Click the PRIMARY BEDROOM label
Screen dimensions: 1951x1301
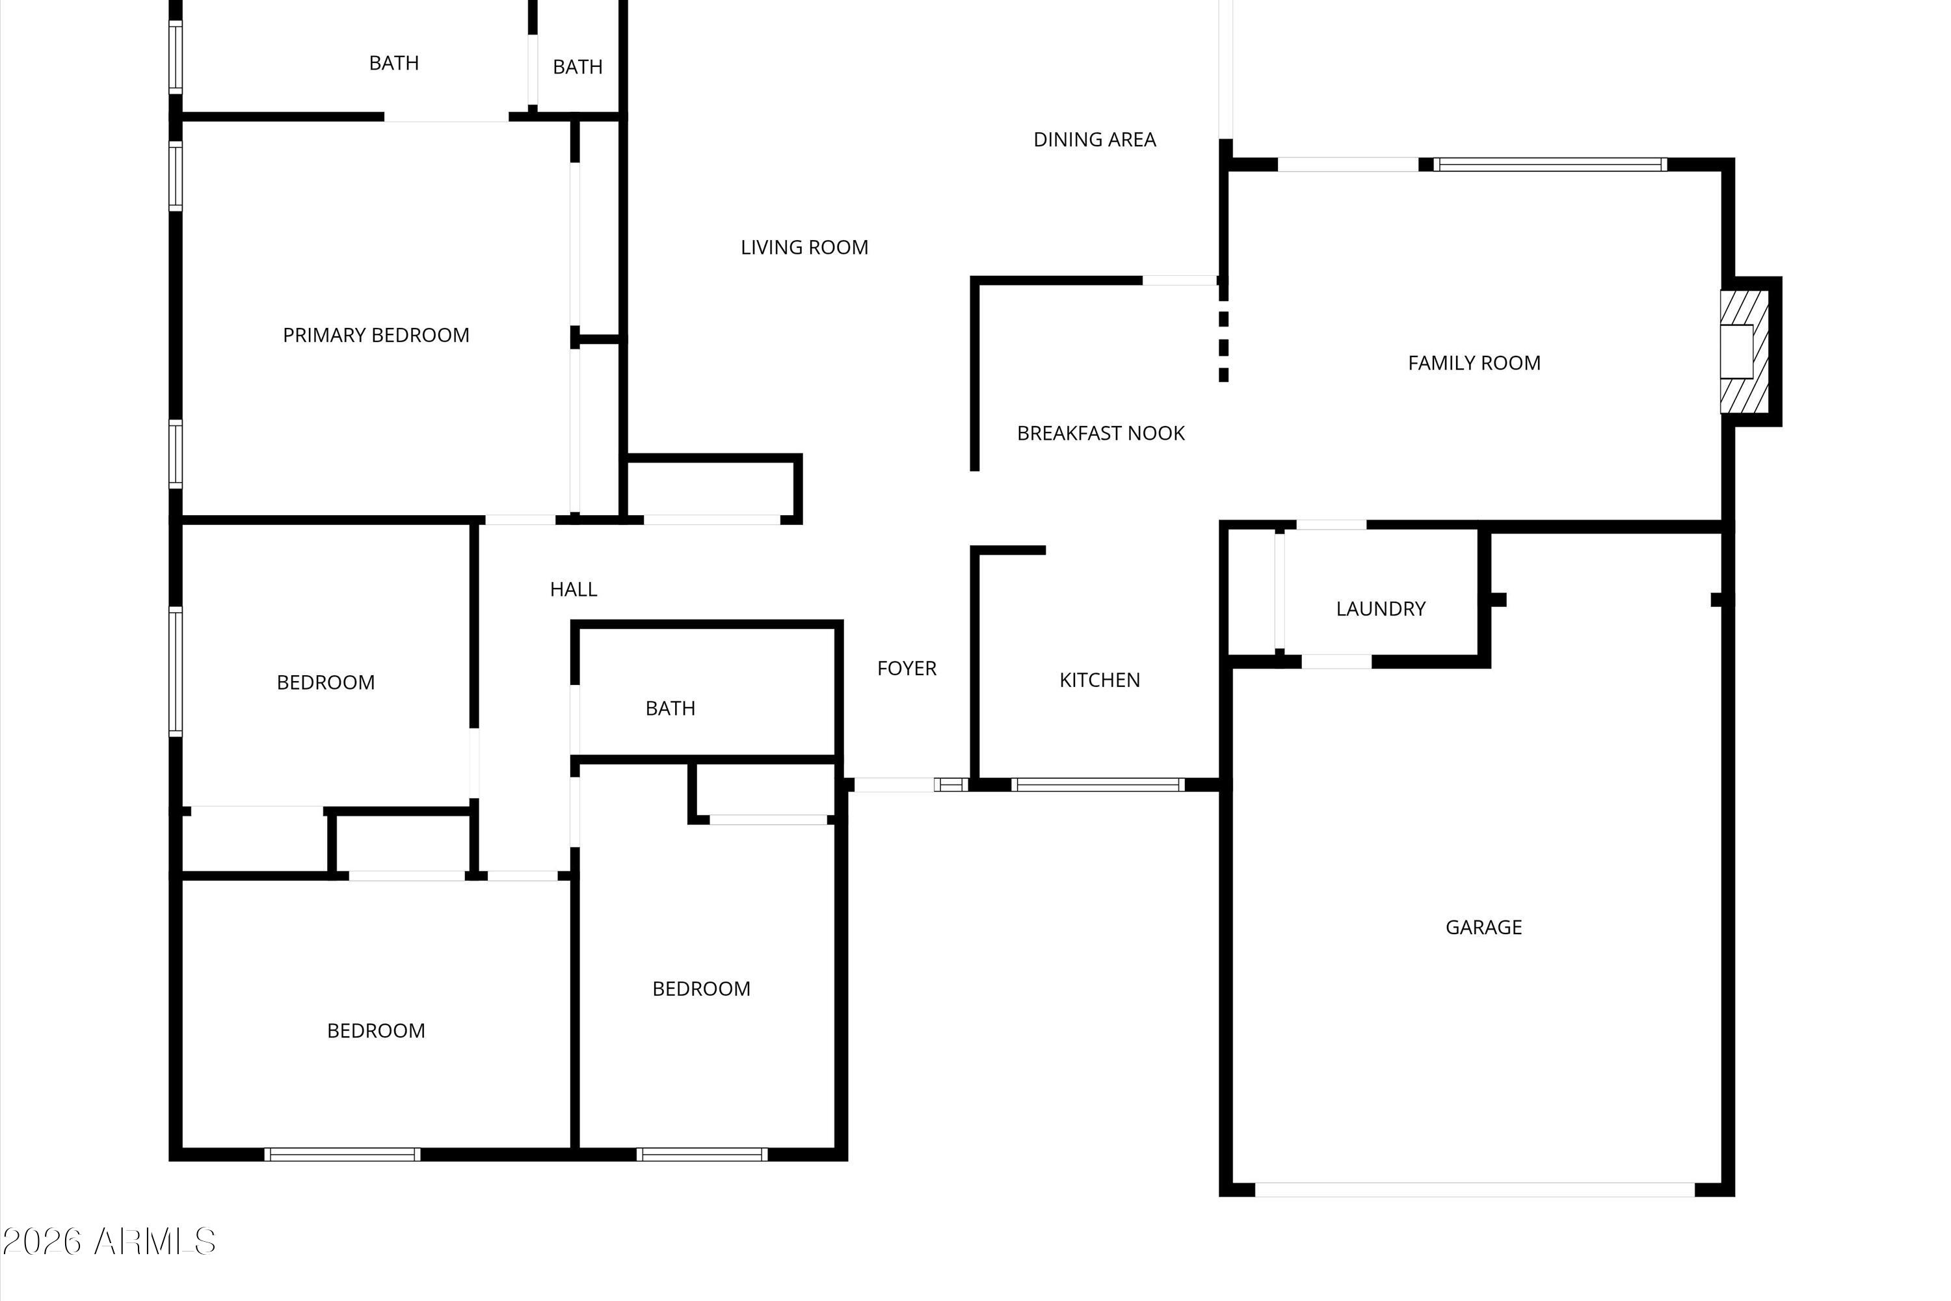tap(376, 335)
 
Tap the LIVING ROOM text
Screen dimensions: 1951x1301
tap(804, 247)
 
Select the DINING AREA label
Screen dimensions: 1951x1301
tap(1094, 139)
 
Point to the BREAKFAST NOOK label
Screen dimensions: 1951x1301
tap(1101, 433)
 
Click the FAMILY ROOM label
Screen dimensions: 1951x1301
tap(1474, 362)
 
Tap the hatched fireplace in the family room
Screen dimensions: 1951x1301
tap(1744, 351)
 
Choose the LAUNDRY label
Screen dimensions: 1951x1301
tap(1380, 609)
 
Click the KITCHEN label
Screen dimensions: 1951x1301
tap(1099, 680)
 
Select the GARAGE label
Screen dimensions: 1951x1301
tap(1483, 928)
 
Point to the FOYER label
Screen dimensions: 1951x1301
tap(907, 669)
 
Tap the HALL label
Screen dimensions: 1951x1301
tap(573, 589)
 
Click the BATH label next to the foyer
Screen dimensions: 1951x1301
tap(670, 708)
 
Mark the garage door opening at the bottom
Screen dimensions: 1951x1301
tap(1474, 1190)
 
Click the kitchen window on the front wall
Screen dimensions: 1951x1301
tap(1098, 785)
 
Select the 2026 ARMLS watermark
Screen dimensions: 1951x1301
tap(109, 1242)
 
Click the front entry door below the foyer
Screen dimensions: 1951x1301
tap(894, 785)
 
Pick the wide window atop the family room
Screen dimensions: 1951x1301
tap(1550, 165)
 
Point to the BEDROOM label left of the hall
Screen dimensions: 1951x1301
tap(325, 683)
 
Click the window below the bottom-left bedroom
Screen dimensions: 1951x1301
tap(342, 1154)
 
